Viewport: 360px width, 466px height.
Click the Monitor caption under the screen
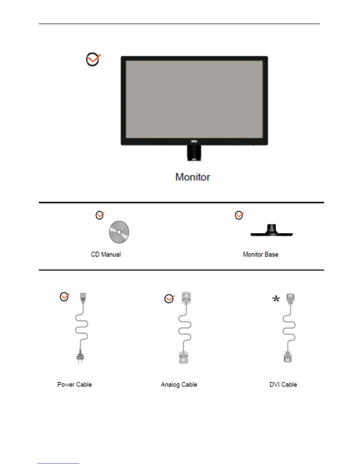coord(193,177)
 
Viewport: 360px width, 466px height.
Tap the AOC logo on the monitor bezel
coord(194,142)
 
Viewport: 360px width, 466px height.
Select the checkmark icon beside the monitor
coord(93,59)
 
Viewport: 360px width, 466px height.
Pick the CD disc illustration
coord(119,232)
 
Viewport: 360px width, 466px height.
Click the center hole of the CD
coord(119,232)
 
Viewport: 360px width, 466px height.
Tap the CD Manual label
coord(106,254)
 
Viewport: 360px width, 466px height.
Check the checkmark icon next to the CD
coord(100,215)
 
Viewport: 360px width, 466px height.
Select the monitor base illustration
coord(271,231)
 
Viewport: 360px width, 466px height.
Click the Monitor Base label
coord(261,254)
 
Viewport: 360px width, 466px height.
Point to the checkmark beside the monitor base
coord(239,215)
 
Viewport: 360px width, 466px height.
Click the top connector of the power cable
coord(83,297)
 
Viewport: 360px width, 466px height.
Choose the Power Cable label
coord(75,385)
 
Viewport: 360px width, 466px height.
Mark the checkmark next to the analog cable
coord(169,299)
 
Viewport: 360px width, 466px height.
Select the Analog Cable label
coord(179,385)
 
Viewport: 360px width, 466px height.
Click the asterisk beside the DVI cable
coord(276,299)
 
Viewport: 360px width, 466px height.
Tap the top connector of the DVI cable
coord(291,298)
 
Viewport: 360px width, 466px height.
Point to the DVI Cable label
coord(283,385)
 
